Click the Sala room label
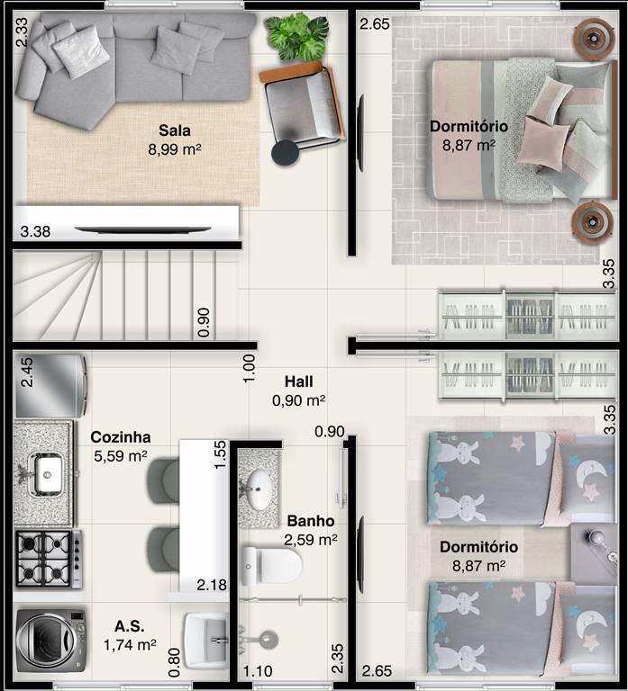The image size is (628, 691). pyautogui.click(x=175, y=130)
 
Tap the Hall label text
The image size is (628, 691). pyautogui.click(x=299, y=381)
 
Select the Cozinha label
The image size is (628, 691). pyautogui.click(x=121, y=437)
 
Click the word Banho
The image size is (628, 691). pyautogui.click(x=311, y=521)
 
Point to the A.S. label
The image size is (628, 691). pyautogui.click(x=130, y=626)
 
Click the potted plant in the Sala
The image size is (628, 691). pyautogui.click(x=297, y=37)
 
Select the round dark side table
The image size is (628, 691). pyautogui.click(x=285, y=152)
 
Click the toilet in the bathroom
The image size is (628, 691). pyautogui.click(x=272, y=566)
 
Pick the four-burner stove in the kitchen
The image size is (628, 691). pyautogui.click(x=49, y=559)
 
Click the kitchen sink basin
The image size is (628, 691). pyautogui.click(x=45, y=474)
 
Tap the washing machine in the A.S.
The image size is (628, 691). pyautogui.click(x=50, y=641)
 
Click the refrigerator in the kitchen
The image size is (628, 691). pyautogui.click(x=50, y=386)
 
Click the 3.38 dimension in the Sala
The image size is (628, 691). pyautogui.click(x=35, y=231)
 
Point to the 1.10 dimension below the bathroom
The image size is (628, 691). pyautogui.click(x=258, y=671)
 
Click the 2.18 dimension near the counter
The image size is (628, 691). pyautogui.click(x=212, y=585)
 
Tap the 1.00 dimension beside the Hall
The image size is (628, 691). pyautogui.click(x=250, y=368)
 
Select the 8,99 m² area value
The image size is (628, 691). pyautogui.click(x=175, y=149)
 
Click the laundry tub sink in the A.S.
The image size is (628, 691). pyautogui.click(x=205, y=641)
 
